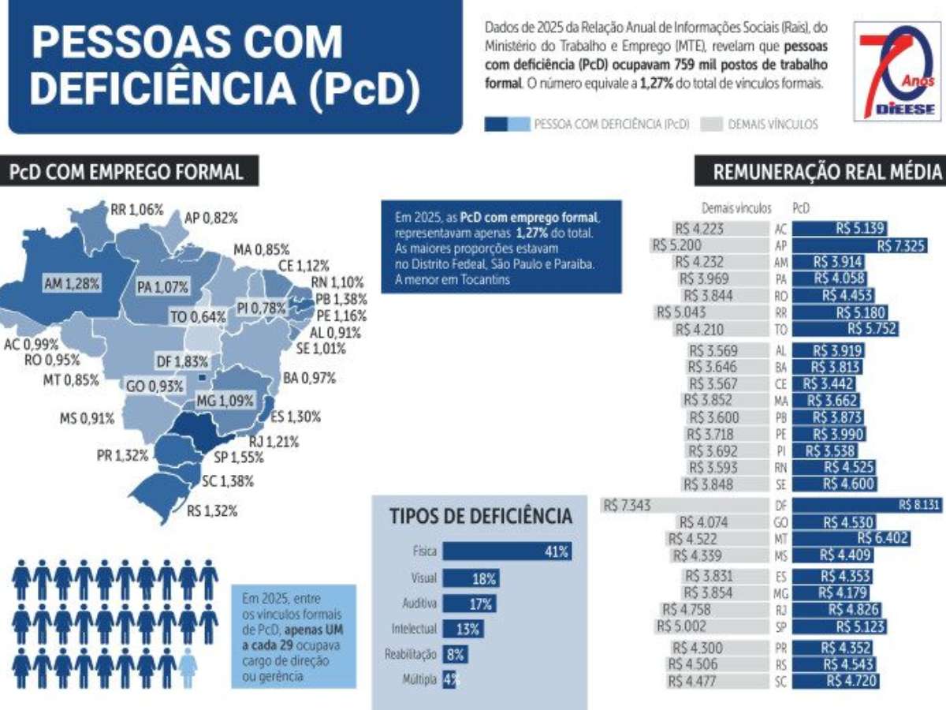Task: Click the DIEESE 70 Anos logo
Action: pos(897,72)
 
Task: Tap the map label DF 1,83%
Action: pos(182,361)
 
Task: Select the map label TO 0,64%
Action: pos(198,317)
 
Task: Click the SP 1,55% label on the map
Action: pos(239,458)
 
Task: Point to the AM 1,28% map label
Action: pos(72,283)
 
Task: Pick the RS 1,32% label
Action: pos(212,511)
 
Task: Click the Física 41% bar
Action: pos(507,551)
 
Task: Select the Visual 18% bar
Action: pos(471,578)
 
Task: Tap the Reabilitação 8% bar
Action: pos(455,655)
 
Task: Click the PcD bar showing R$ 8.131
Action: pos(867,505)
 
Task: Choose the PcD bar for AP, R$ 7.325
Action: pos(860,245)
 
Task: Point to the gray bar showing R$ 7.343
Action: pos(685,505)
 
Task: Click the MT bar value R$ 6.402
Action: pos(883,539)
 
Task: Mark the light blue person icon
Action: pos(188,667)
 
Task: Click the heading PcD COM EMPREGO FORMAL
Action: pos(126,171)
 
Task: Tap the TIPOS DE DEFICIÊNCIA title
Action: pos(481,516)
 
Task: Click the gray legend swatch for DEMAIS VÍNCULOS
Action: pos(712,124)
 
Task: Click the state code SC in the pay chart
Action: pos(781,682)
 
